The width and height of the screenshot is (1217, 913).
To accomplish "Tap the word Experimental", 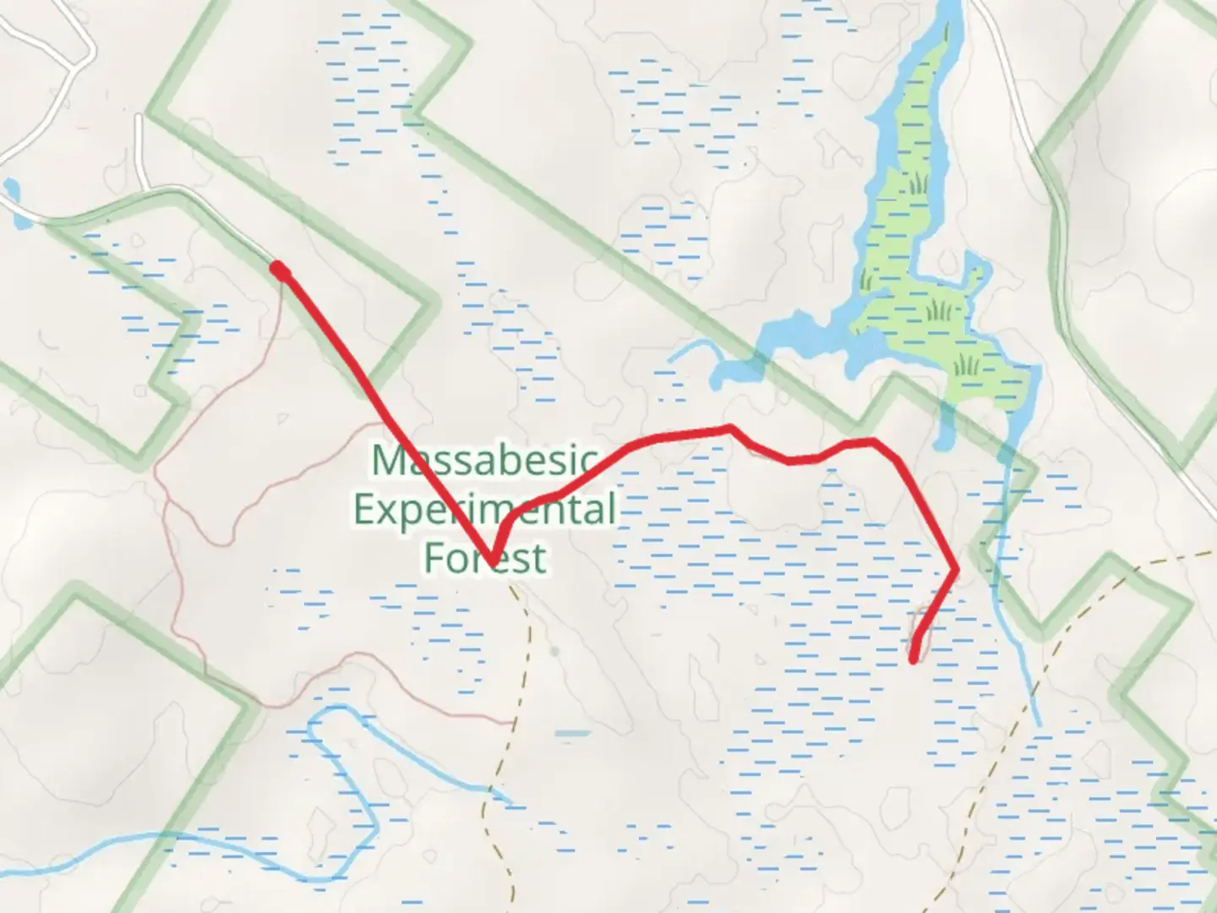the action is (x=485, y=510).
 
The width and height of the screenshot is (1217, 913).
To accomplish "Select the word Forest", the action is (x=485, y=559).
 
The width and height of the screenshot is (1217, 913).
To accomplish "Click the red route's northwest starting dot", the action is (x=278, y=270).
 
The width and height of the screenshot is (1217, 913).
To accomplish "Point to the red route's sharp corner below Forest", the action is (x=490, y=559).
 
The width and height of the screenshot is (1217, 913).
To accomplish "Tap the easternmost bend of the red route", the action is (x=955, y=570).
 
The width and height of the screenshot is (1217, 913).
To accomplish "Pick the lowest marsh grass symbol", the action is (x=966, y=365).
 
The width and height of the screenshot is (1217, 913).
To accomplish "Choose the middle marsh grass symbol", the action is (x=939, y=311).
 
